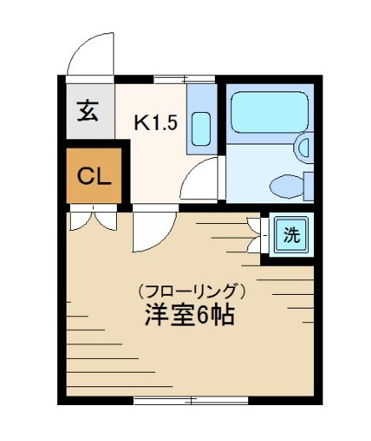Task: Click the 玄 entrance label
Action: point(88,110)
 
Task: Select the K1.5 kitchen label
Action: point(155,121)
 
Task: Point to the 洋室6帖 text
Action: point(189,315)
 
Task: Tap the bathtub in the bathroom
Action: point(268,110)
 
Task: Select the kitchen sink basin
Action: point(202,128)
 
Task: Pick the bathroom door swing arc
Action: point(202,181)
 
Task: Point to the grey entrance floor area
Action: point(89,111)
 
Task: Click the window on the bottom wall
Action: point(191,399)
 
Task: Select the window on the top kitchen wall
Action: point(169,79)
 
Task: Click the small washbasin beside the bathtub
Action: point(304,147)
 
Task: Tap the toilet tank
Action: point(308,184)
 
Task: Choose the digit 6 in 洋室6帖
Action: point(202,315)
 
